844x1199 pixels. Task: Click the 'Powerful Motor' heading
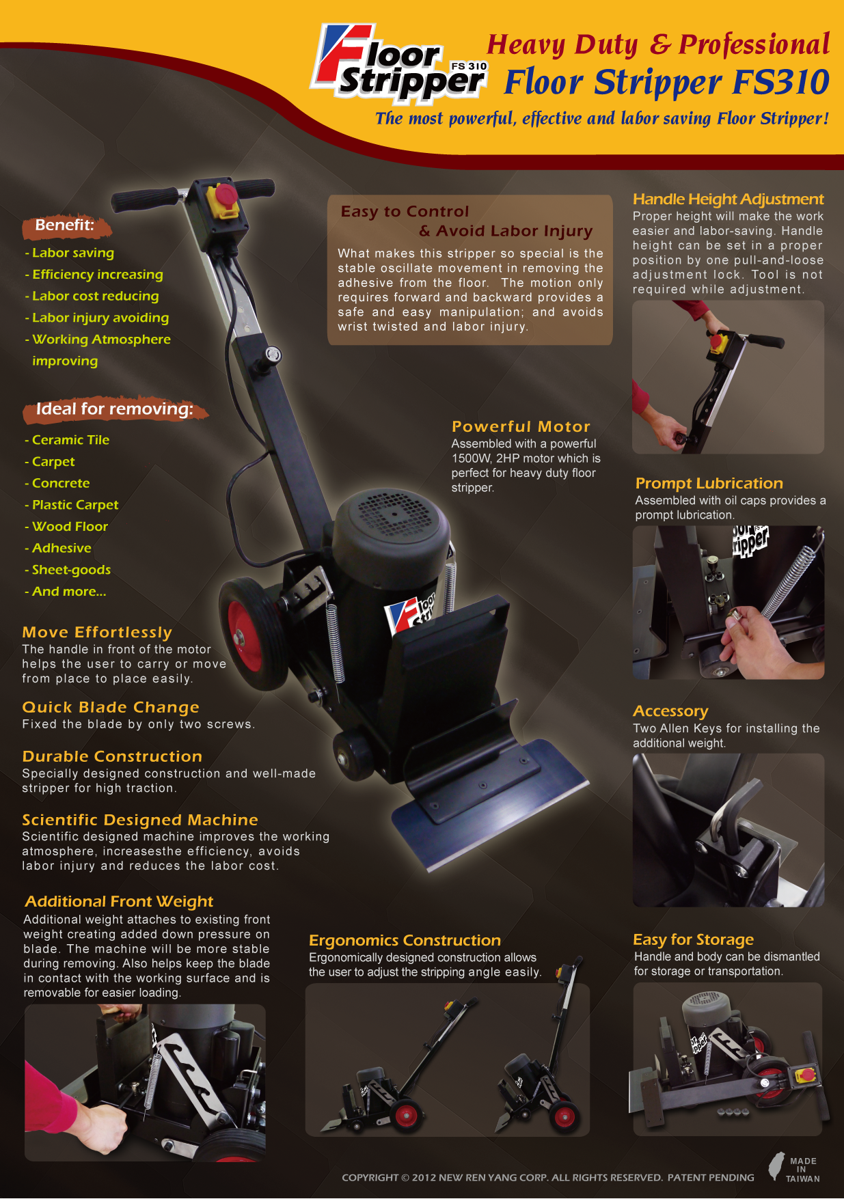point(521,426)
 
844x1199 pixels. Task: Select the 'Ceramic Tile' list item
point(67,440)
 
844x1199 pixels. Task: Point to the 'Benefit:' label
point(64,225)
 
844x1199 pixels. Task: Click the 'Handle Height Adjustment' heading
point(728,199)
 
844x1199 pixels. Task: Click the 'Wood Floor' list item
point(66,527)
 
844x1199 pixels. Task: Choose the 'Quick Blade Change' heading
point(111,707)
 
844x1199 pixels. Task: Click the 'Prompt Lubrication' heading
point(709,484)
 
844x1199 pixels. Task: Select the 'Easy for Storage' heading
point(693,940)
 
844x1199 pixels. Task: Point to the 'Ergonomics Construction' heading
point(405,941)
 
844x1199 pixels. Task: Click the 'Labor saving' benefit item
point(70,253)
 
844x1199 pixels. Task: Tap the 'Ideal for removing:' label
point(114,409)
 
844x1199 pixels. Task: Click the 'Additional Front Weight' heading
point(119,902)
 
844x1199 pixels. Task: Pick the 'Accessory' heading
point(670,711)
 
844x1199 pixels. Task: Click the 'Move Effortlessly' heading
point(97,632)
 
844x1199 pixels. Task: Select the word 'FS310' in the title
point(781,82)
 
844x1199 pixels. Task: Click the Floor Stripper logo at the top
point(399,63)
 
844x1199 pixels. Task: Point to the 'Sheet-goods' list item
point(68,570)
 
